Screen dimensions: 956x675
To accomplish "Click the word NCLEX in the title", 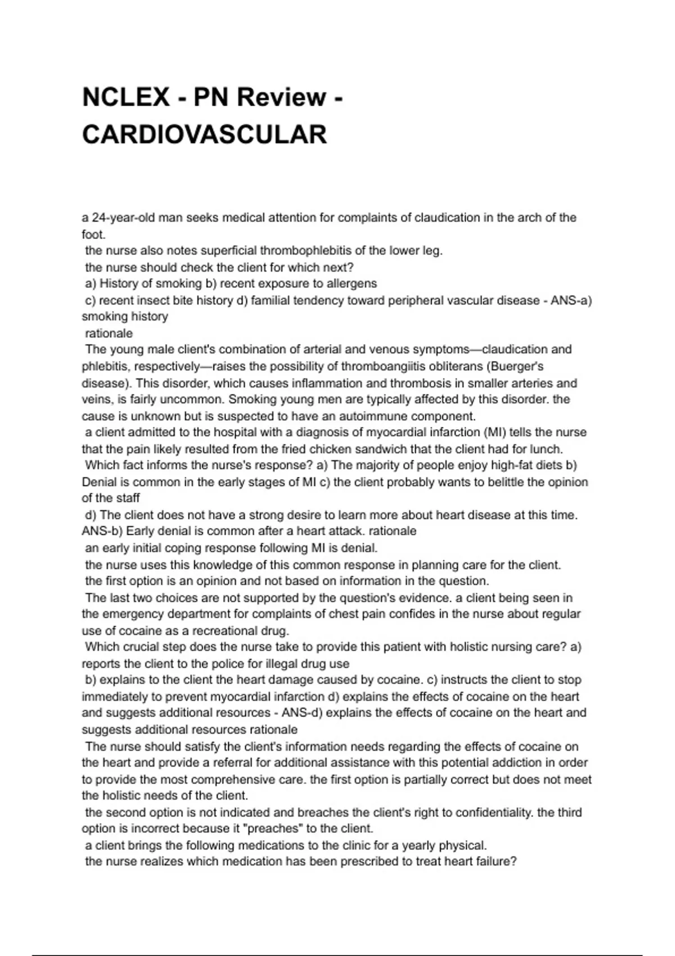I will pos(125,97).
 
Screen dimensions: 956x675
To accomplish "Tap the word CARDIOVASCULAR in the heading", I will pos(204,135).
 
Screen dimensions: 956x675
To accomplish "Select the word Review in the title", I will pos(281,97).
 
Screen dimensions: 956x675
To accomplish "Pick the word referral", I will pos(278,763).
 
